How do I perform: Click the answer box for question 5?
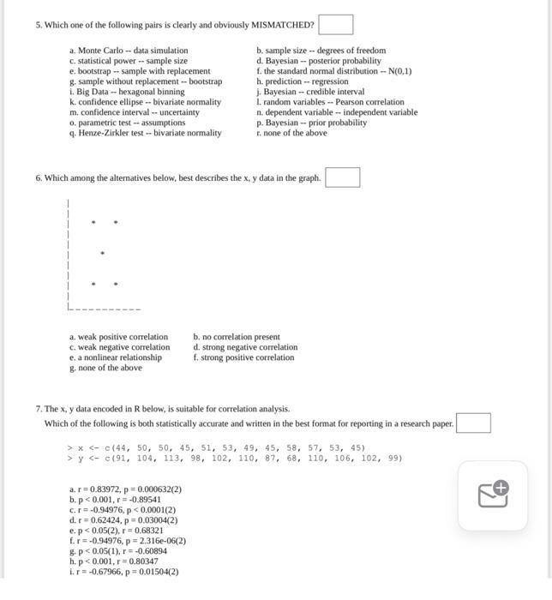pos(336,25)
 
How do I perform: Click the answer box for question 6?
pos(342,177)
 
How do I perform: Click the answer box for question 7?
pos(473,423)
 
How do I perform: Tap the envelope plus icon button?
pos(493,495)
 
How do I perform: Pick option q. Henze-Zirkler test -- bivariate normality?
pos(145,133)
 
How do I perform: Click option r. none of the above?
pos(291,133)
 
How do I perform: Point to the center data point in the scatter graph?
pos(103,254)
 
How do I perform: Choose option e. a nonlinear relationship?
pos(116,357)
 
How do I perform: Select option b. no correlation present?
pos(237,337)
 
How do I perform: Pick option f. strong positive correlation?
pos(243,357)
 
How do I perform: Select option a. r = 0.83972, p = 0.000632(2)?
pos(125,489)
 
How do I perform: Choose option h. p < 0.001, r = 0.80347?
pos(114,561)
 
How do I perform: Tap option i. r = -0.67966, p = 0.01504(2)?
pos(124,572)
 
